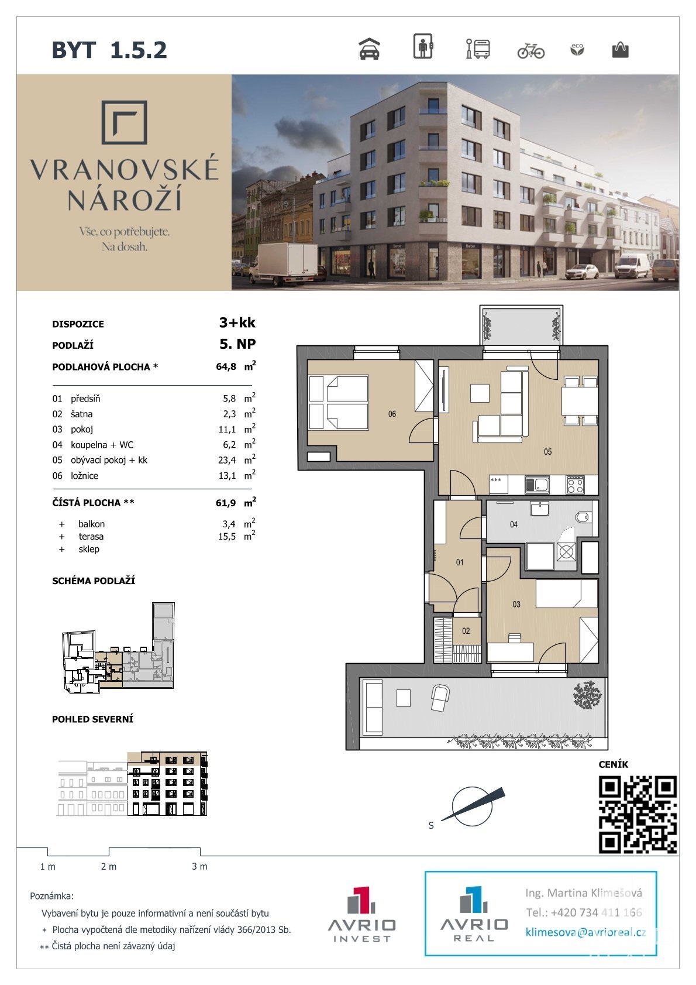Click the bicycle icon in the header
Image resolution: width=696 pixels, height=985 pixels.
(531, 50)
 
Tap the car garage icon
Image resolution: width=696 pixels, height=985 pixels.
(369, 49)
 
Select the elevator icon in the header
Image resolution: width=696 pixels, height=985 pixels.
(423, 46)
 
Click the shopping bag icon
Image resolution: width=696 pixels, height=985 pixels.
(620, 50)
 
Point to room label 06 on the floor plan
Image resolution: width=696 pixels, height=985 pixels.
(392, 414)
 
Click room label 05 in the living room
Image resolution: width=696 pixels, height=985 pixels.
(547, 452)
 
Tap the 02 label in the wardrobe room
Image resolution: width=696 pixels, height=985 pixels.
(466, 631)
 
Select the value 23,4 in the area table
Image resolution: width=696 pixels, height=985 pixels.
(227, 461)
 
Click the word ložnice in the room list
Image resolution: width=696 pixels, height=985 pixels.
(84, 475)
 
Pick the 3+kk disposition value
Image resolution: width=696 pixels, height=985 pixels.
(237, 322)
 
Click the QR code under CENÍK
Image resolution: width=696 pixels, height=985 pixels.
(638, 815)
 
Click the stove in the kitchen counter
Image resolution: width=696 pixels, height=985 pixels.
(575, 485)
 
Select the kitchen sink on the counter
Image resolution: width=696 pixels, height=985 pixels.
(537, 485)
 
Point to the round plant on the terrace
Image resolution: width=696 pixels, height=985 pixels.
(587, 696)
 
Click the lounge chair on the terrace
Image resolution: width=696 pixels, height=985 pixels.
(440, 698)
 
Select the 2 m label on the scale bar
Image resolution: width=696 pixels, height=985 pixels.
(109, 867)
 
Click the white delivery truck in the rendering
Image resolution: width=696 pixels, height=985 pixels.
(284, 263)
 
